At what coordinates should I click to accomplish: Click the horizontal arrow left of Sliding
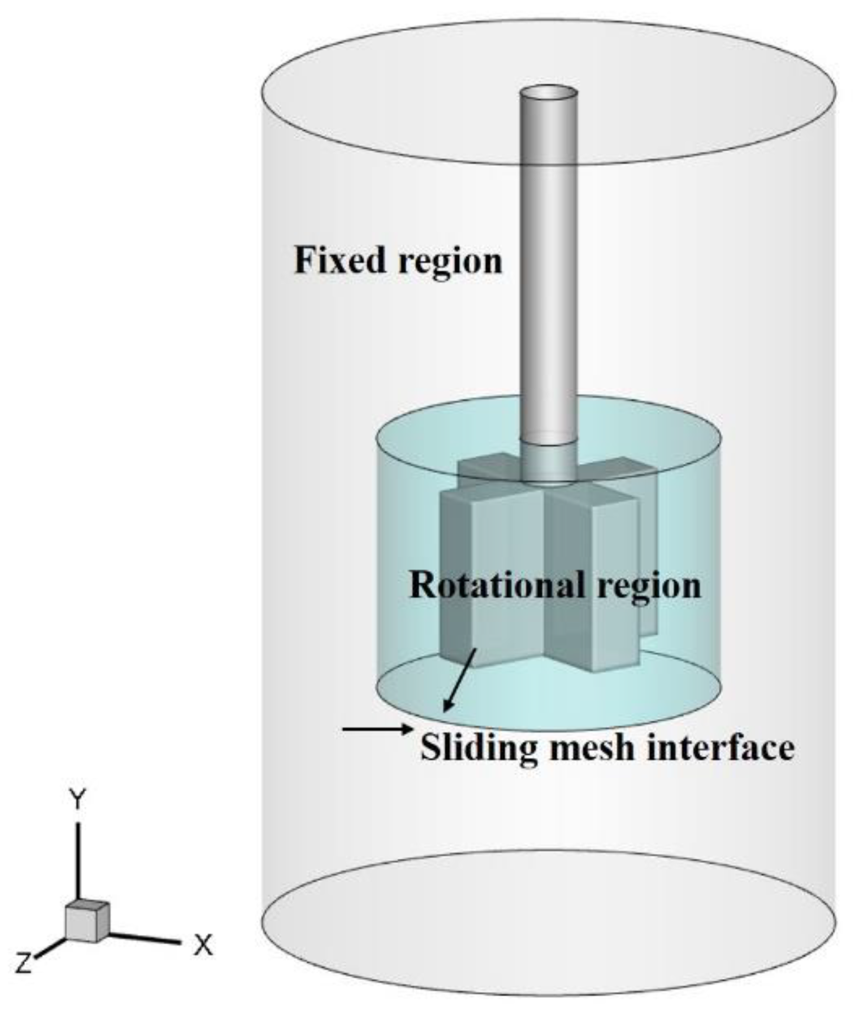click(x=376, y=729)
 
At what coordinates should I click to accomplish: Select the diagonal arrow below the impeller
click(x=460, y=680)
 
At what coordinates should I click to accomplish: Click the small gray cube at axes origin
click(x=87, y=922)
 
